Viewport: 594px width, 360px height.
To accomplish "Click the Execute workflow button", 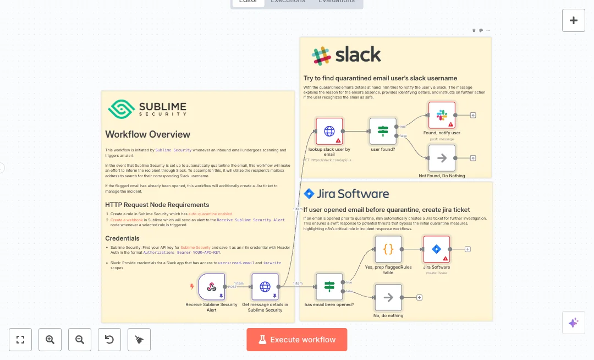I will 296,340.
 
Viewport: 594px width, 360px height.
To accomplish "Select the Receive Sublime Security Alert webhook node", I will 211,287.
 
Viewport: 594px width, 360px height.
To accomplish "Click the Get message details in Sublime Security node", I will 265,287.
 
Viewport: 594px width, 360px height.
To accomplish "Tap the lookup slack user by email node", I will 329,131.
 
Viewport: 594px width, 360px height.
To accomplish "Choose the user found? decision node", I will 383,131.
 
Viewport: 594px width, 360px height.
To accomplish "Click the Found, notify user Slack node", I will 442,116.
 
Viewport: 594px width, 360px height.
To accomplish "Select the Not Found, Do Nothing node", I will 442,158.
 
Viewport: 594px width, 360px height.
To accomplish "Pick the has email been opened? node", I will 329,287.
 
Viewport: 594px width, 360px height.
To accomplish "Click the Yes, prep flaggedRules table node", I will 388,249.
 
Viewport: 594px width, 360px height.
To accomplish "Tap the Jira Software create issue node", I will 436,249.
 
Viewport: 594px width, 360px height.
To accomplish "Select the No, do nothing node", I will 388,298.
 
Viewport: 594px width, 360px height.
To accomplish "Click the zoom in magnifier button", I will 50,340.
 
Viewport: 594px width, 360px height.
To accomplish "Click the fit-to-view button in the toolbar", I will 20,340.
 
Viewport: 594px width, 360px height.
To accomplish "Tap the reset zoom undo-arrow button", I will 109,340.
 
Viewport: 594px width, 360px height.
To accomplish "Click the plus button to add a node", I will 573,20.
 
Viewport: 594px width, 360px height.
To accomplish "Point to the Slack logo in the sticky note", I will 321,56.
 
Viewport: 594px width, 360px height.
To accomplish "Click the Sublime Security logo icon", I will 121,108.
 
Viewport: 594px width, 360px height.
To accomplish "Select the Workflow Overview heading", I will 147,134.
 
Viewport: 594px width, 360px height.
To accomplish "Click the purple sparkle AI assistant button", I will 573,323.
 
